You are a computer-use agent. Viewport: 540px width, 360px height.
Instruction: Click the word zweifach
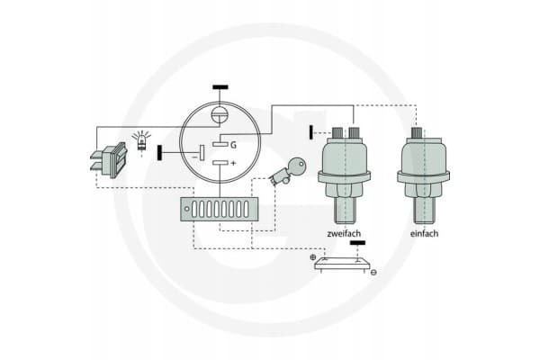344,234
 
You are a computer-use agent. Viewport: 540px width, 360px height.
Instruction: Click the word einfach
424,234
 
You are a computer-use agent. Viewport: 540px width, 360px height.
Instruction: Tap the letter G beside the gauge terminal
233,145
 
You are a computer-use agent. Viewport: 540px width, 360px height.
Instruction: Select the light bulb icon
141,140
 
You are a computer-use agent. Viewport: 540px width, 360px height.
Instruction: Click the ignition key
287,171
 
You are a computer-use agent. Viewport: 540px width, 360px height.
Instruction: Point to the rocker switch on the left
109,160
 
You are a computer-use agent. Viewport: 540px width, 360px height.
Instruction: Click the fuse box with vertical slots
220,209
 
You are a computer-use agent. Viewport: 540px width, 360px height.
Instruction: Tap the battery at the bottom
342,265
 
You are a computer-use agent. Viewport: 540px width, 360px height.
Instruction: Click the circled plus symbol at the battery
312,257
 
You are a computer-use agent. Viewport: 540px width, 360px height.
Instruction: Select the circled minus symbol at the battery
373,273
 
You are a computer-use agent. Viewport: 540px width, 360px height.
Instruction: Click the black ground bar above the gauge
220,87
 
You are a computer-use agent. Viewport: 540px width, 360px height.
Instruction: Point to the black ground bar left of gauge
159,153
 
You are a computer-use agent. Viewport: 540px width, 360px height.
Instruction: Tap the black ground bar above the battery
357,243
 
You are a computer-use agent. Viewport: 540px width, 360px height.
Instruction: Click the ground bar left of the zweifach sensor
311,132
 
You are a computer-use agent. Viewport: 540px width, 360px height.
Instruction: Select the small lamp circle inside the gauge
220,113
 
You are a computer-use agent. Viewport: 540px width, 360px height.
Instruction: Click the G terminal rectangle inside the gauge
220,144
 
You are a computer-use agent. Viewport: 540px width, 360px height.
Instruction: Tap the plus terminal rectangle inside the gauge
220,162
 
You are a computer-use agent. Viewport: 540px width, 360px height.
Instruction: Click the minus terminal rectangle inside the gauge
202,153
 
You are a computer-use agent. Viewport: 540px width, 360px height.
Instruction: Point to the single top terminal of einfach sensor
417,132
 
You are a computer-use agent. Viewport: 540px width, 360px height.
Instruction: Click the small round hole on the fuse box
186,209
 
